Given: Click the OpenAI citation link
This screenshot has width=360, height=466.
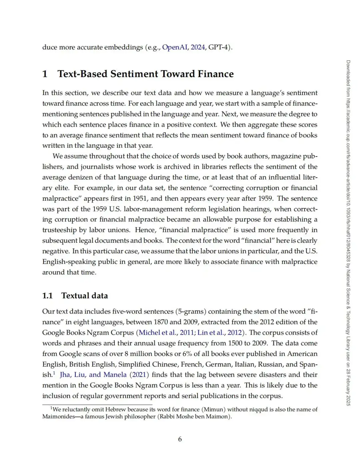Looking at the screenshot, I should [175, 47].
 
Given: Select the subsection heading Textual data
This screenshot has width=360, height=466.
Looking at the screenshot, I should [85, 296].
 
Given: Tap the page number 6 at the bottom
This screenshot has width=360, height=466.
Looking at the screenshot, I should [180, 439].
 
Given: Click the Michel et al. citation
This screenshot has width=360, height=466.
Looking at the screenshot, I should [157, 333].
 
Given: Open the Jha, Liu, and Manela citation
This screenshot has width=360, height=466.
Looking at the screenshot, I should [93, 375].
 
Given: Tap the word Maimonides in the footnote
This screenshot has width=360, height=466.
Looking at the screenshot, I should [59, 417].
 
